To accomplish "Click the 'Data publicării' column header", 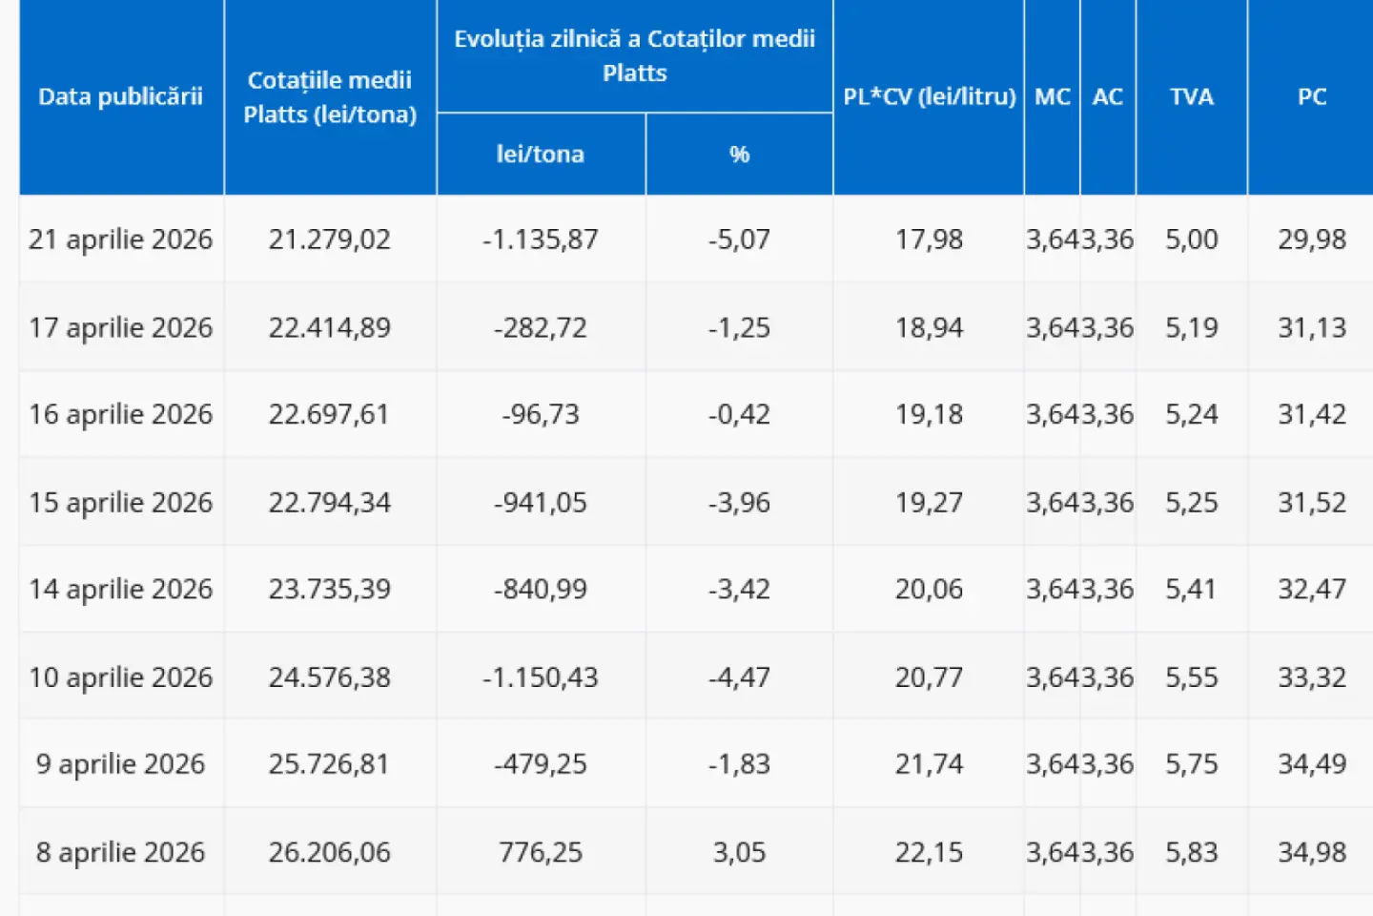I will [121, 96].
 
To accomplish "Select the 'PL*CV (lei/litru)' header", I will [929, 96].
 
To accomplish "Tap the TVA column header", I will [1191, 96].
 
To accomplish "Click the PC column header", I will [1311, 96].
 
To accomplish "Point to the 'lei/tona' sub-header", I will [540, 154].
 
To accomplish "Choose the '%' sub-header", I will [739, 154].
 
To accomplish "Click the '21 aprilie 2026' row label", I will [121, 239].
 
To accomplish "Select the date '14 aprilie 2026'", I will [121, 589].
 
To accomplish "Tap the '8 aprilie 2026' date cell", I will [121, 851].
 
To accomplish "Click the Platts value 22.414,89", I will [329, 327].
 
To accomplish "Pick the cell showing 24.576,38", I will [329, 677].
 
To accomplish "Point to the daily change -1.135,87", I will [540, 239].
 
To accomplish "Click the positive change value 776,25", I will [540, 851].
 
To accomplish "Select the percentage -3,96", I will [739, 502].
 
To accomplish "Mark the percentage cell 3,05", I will [739, 851].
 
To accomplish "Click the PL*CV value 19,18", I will [929, 414].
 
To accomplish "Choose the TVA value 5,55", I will [1191, 677].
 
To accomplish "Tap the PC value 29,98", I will [1311, 239].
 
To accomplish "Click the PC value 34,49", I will [1311, 763].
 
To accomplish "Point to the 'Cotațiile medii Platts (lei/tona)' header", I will [329, 96].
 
